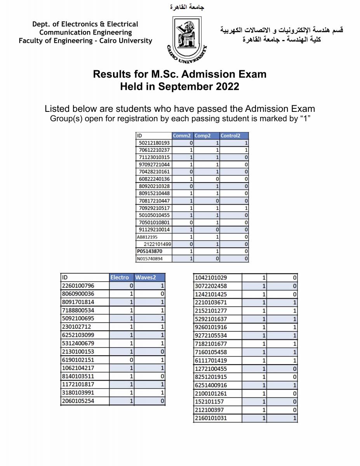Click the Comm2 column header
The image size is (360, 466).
pos(182,136)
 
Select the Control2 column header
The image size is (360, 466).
pos(231,136)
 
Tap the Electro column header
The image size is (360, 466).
pos(120,277)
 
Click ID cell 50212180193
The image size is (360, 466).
pos(154,143)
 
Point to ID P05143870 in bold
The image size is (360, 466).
pos(150,251)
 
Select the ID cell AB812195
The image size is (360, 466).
pos(147,237)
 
